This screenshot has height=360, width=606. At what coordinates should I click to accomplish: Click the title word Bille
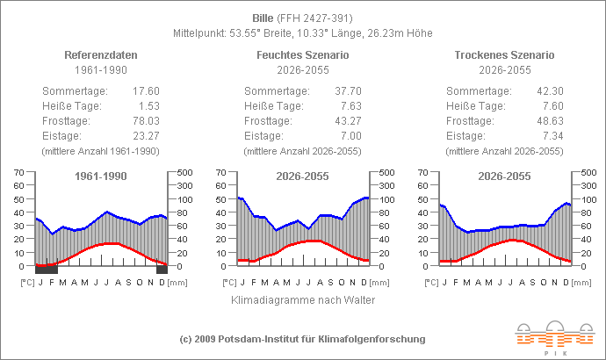point(263,18)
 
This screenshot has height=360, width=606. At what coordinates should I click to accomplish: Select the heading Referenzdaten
point(101,54)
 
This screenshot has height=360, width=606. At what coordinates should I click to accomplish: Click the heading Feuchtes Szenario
point(303,54)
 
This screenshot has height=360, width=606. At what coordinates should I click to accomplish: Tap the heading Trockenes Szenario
point(505,54)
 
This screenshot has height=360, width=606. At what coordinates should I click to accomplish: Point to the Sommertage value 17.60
point(145,91)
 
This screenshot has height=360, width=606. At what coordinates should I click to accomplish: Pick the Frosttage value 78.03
point(145,121)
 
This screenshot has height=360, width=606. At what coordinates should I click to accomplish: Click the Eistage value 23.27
point(145,136)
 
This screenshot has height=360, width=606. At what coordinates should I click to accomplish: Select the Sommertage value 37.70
point(347,91)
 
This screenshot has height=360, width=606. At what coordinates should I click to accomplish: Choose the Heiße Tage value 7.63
point(350,106)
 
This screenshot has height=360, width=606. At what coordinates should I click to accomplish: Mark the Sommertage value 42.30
point(549,91)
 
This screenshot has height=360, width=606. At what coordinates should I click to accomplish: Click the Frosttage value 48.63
point(549,121)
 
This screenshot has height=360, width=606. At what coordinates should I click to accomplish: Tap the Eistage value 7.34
point(552,136)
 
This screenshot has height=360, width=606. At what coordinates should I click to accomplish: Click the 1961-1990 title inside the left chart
point(101,176)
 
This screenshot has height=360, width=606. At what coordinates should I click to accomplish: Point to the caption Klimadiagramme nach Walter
point(303,300)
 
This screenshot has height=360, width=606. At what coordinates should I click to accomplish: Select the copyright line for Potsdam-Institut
point(303,339)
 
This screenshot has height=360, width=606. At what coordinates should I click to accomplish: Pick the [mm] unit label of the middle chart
point(379,282)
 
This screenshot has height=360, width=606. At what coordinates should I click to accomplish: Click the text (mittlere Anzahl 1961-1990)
point(101,151)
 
